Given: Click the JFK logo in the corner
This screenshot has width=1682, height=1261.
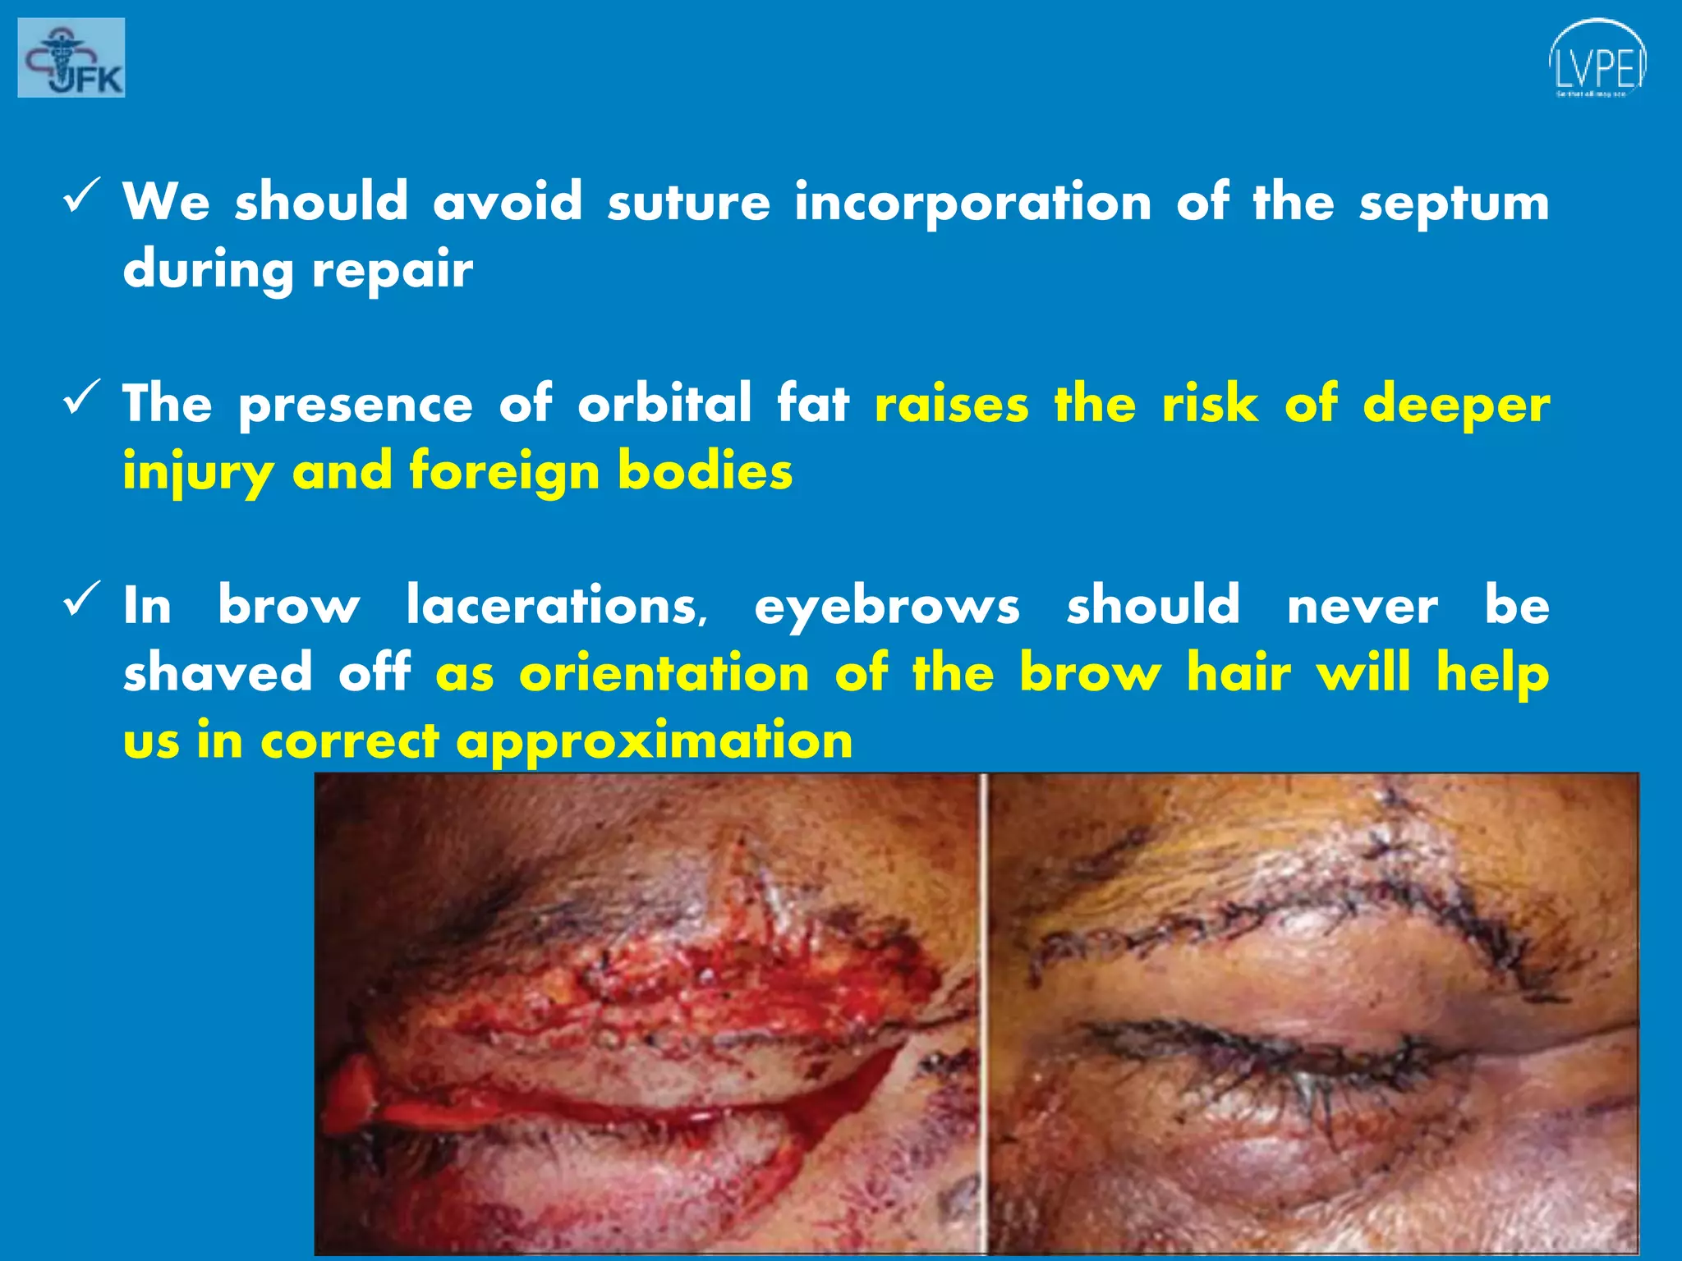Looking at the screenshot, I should tap(71, 57).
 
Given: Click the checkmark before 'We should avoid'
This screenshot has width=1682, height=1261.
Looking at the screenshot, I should tap(81, 195).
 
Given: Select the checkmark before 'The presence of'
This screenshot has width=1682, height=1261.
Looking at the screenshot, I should tap(81, 397).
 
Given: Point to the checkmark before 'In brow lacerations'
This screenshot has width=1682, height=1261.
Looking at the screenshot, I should tap(81, 599).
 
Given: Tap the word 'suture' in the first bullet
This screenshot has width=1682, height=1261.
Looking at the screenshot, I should tap(688, 202).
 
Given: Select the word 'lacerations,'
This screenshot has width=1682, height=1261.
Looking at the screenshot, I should tap(557, 606).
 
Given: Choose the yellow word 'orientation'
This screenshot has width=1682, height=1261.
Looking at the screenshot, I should tap(664, 673).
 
